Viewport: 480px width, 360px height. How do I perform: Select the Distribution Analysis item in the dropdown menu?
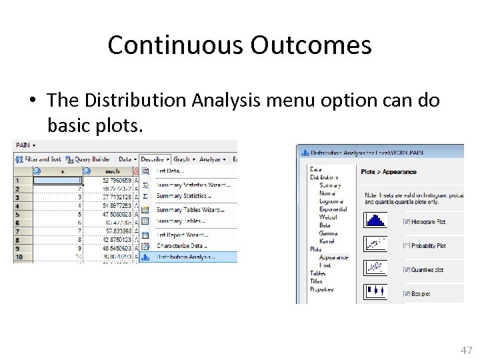[186, 256]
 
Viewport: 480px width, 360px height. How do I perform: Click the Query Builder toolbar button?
[91, 159]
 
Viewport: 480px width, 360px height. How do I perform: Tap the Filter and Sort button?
[41, 159]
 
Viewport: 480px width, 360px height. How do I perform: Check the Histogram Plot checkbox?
[407, 221]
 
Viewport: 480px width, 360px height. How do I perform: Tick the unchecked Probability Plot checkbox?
[407, 246]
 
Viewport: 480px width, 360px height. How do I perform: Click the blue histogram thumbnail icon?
[375, 220]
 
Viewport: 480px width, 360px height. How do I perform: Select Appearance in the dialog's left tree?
[333, 257]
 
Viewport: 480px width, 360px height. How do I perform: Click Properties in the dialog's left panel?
[321, 289]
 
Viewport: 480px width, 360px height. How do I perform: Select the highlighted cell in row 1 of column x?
[57, 180]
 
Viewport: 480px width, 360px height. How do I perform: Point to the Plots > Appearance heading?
[389, 172]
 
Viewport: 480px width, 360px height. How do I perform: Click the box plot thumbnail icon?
[375, 291]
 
